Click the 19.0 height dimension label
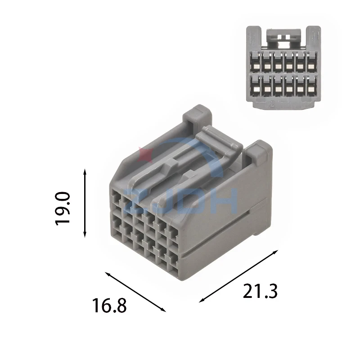tap(63, 209)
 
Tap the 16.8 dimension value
tap(109, 306)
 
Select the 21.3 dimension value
tap(260, 291)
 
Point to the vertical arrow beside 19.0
tap(85, 203)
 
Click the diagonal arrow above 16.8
tap(135, 292)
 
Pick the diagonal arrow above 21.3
tap(238, 276)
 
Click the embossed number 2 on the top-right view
tap(272, 104)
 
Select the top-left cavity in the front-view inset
tap(255, 62)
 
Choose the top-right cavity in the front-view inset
tap(311, 62)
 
